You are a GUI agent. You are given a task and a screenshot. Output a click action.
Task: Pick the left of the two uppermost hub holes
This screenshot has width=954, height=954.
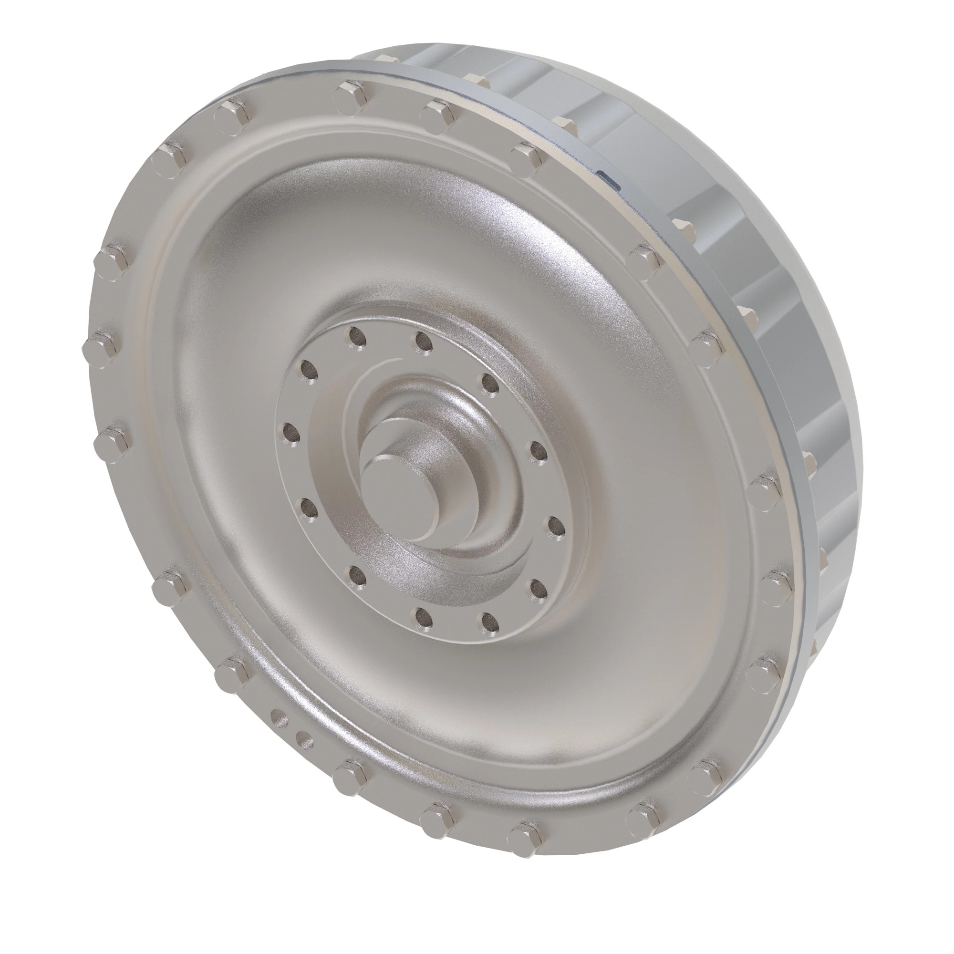point(357,338)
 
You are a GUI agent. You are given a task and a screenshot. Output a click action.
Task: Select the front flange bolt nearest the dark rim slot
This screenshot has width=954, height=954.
point(528,157)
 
